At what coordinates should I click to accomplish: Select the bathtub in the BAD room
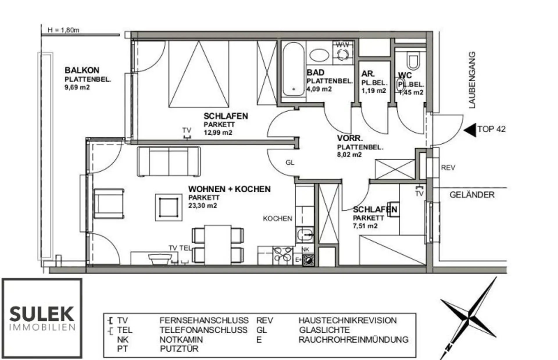point(293,69)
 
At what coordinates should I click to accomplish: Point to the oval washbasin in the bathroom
point(319,55)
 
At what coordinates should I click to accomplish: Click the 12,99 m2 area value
point(218,133)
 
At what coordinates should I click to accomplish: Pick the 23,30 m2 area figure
point(203,206)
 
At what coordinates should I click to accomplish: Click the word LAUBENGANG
point(472,80)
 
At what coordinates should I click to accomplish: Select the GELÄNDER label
point(472,195)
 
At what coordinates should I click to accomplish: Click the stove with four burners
point(282,255)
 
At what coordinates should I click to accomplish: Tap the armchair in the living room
point(109,204)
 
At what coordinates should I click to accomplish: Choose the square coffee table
point(169,208)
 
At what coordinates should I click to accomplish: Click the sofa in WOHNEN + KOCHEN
point(169,161)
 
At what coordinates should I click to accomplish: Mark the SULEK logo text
point(42,314)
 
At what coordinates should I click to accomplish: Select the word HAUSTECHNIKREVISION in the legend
point(348,320)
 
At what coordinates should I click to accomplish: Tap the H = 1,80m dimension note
point(63,30)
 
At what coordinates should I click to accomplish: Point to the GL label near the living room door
point(290,163)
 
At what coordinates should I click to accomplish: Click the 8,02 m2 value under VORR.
point(349,155)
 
